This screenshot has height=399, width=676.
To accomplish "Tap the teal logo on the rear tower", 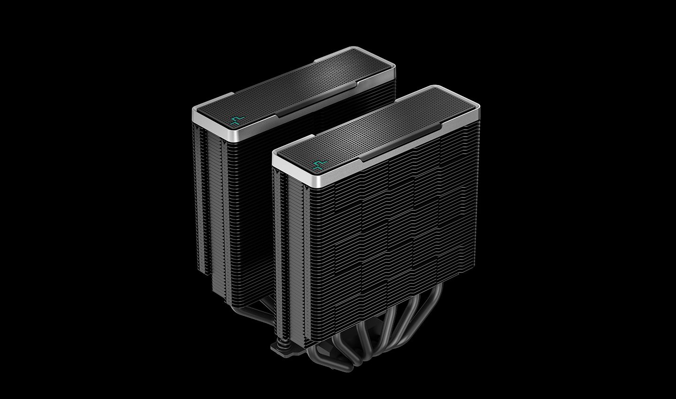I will pyautogui.click(x=236, y=120).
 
